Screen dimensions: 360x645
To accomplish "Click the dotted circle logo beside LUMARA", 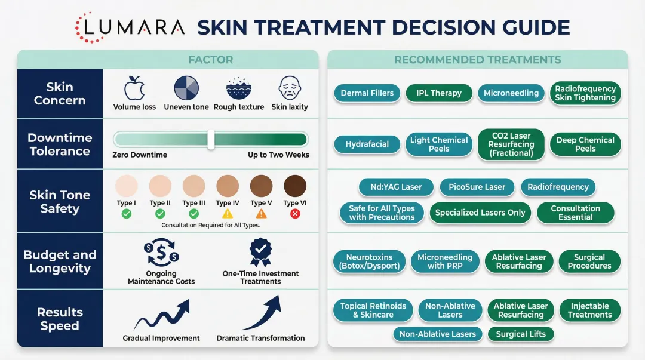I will point(89,27).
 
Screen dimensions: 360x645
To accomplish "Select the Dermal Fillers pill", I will point(367,93).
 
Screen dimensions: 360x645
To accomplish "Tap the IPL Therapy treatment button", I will point(439,93).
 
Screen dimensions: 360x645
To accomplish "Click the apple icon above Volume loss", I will point(134,88).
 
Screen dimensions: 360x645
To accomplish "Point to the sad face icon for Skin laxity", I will point(290,88).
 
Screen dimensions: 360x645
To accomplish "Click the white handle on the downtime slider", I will point(211,140).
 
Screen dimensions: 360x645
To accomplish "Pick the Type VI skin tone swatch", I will point(295,186).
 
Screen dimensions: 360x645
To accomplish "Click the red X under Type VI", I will point(294,213).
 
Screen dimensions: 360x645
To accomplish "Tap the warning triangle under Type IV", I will point(228,213).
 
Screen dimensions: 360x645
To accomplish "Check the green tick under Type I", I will point(127,213).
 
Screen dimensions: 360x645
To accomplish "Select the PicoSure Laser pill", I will point(477,187).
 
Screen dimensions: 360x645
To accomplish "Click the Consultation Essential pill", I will point(575,213).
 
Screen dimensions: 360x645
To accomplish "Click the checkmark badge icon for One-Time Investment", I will point(260,252).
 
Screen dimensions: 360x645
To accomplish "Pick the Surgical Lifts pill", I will point(521,334).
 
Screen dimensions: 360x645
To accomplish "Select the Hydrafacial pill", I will point(367,144).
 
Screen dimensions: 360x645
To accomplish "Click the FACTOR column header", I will point(210,60).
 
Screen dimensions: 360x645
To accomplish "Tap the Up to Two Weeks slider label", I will point(278,155).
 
